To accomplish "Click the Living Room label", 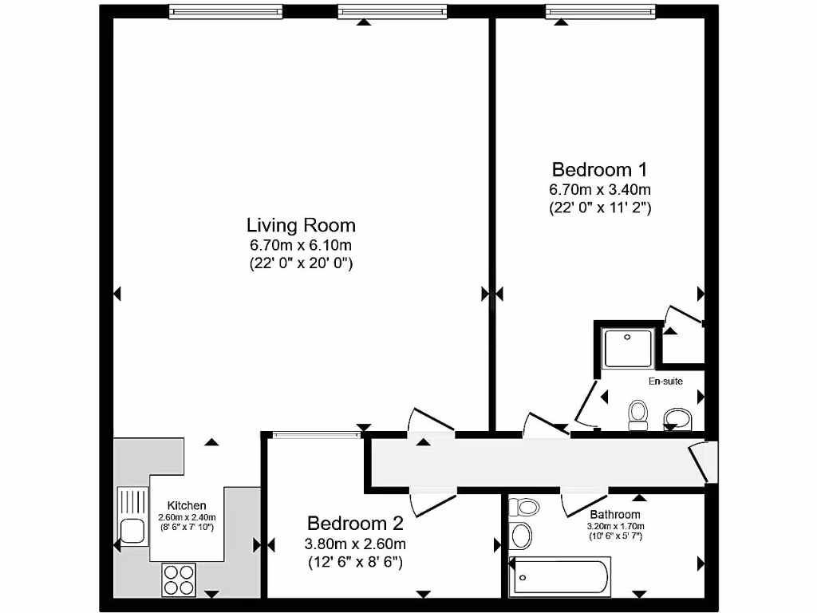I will point(301,225).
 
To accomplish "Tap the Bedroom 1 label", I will point(600,169).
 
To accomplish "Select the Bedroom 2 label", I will point(356,524).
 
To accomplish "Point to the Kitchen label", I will point(187,505).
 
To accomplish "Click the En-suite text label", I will point(665,382).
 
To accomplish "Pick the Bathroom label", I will point(615,515).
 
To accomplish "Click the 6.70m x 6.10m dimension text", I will point(301,245).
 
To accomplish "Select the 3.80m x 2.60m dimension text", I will point(356,544).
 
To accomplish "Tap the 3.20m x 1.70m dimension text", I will point(615,526).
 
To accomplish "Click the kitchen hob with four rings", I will point(180,579).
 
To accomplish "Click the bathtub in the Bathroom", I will point(562,578).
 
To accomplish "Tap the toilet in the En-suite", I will point(637,414).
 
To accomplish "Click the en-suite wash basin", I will point(680,417).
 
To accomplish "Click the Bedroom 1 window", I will point(600,11).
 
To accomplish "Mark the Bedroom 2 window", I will point(316,434).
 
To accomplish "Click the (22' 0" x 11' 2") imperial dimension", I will point(600,208).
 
